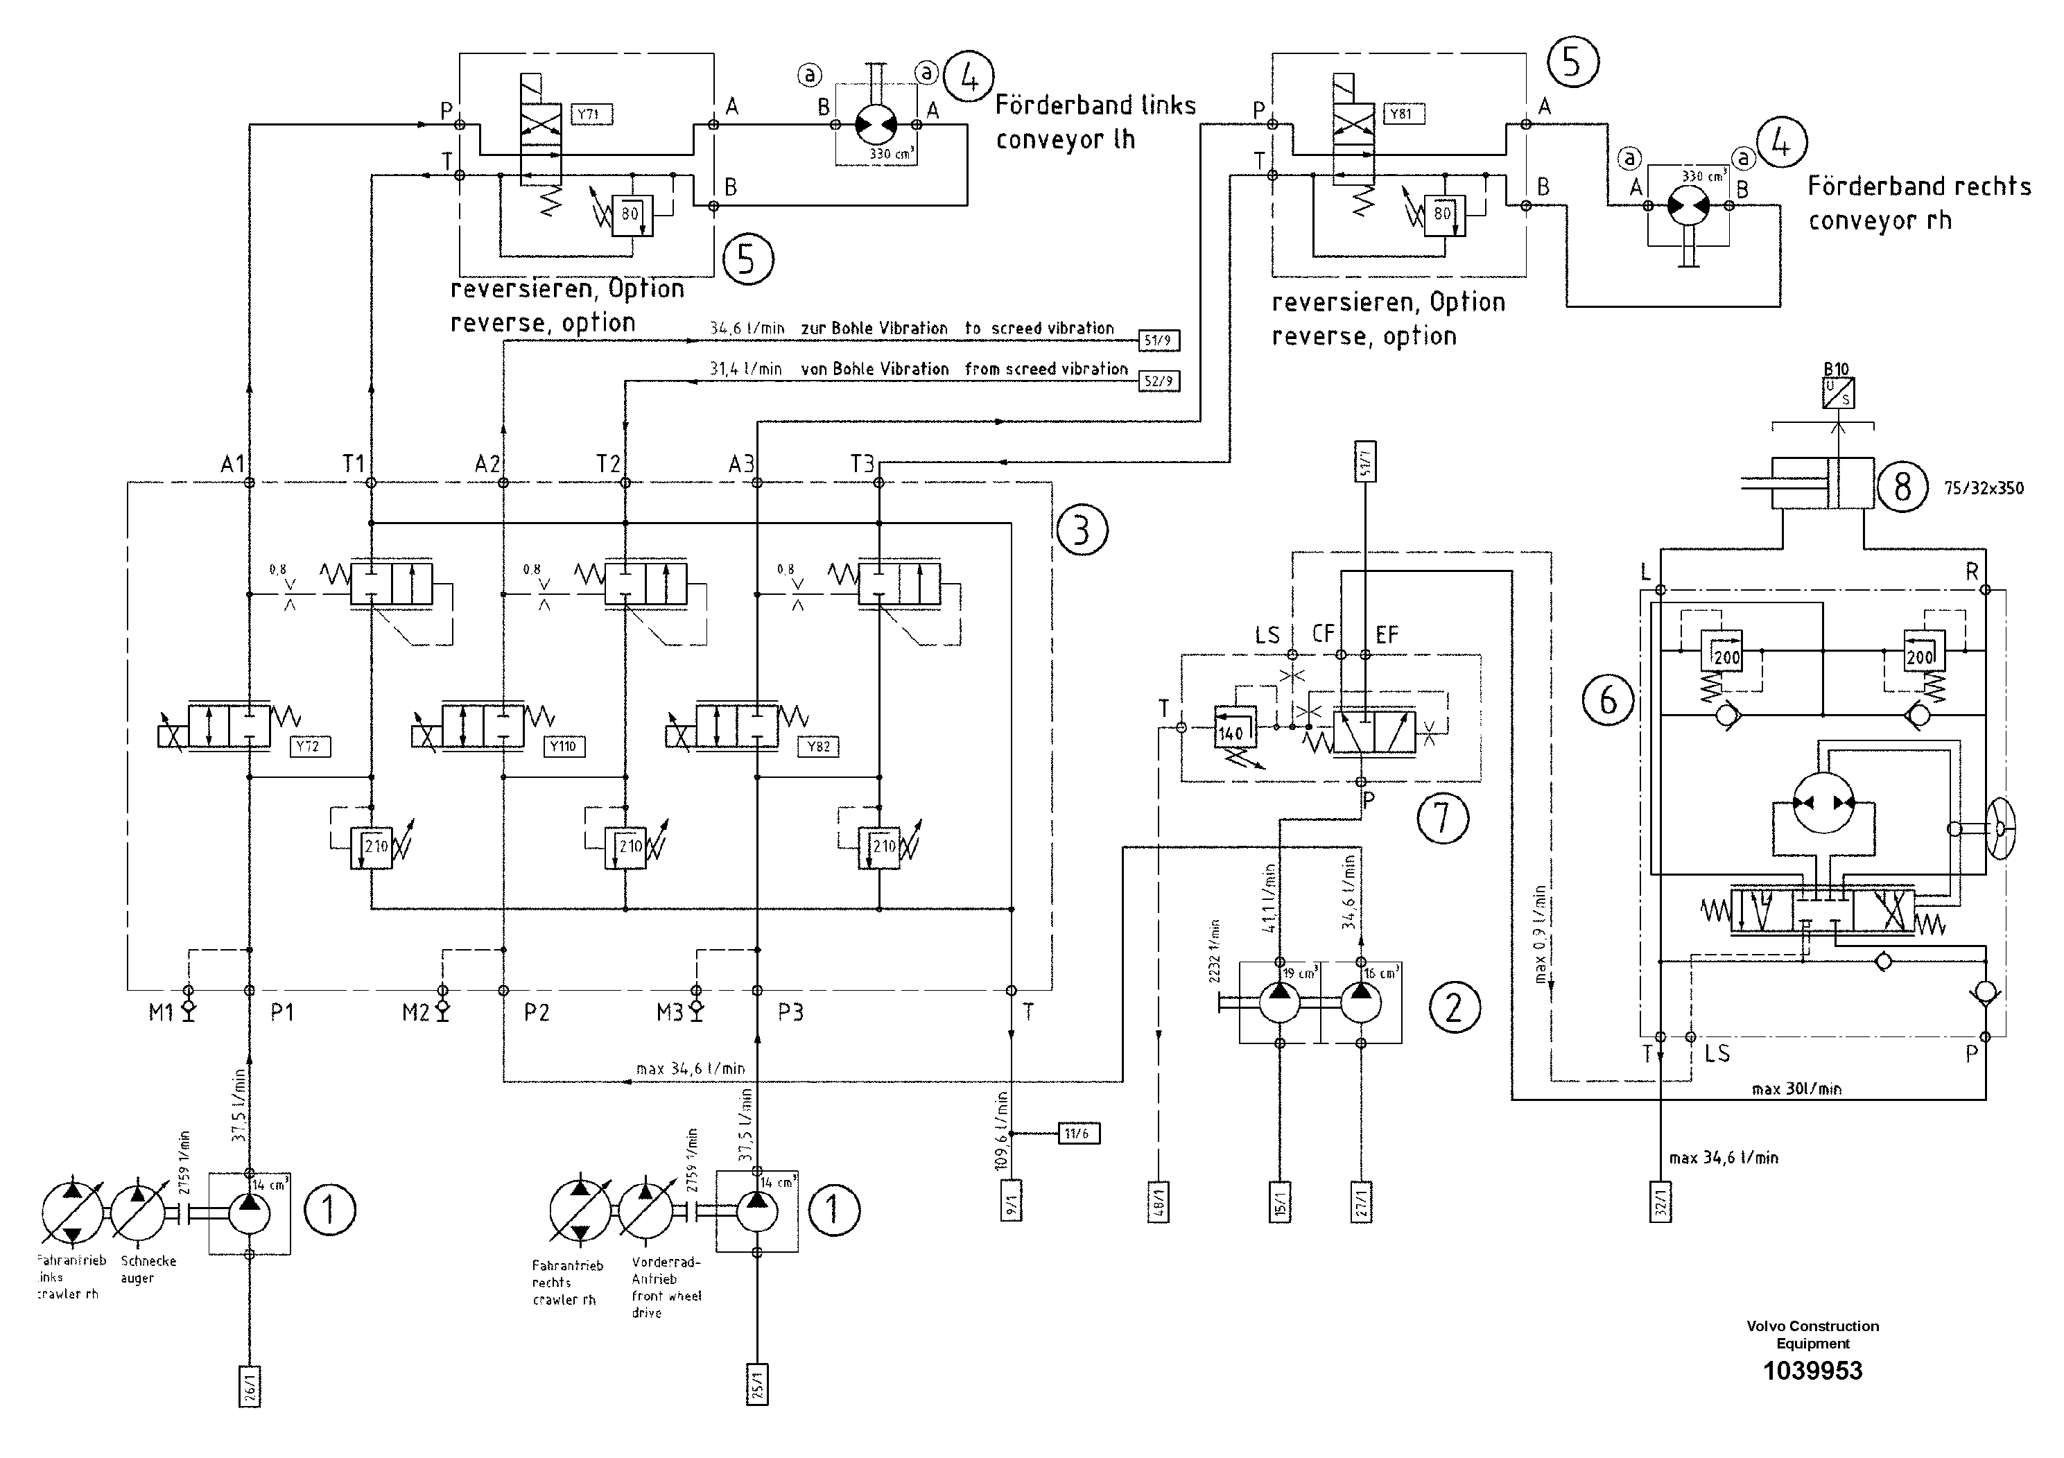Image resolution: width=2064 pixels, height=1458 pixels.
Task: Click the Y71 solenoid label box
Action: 591,114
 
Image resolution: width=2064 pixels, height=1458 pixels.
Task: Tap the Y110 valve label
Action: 564,746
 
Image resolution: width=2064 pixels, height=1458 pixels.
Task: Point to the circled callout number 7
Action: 1443,817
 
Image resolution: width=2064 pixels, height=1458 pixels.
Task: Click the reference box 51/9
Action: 1158,340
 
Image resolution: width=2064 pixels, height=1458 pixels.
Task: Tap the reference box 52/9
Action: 1158,381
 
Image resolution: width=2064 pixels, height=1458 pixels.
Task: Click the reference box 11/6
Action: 1077,1134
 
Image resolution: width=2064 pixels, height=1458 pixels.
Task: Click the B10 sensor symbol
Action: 1837,393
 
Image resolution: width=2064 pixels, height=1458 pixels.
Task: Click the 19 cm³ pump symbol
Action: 1280,1003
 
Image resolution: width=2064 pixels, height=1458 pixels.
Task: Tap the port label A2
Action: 487,464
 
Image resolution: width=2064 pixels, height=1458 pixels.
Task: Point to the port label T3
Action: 862,464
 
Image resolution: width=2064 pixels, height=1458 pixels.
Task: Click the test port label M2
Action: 415,1013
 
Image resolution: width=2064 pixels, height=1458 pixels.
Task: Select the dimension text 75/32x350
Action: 1984,489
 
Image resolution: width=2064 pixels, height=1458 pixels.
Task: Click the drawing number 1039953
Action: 1812,1371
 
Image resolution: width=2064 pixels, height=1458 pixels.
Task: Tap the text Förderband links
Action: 1095,106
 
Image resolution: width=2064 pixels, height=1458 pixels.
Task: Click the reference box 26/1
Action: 250,1385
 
